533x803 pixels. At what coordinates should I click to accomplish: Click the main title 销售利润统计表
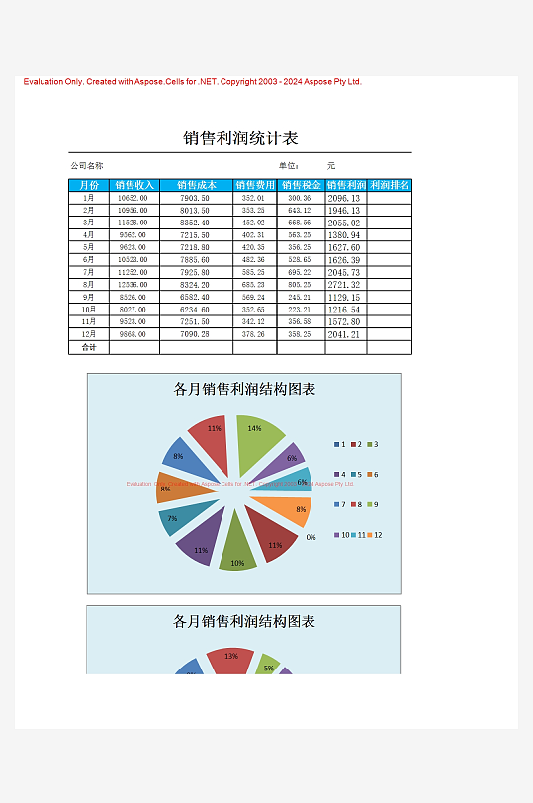[240, 138]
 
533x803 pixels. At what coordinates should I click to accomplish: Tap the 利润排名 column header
[389, 185]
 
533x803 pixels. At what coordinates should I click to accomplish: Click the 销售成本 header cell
[196, 185]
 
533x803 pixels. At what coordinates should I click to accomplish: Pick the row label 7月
[88, 272]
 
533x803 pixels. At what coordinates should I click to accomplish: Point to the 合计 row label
[88, 347]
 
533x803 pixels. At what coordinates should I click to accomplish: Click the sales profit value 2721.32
[344, 285]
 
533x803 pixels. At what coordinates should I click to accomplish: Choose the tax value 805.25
[300, 285]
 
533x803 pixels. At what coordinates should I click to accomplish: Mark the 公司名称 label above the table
[87, 166]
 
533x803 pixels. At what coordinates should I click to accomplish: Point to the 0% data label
[311, 537]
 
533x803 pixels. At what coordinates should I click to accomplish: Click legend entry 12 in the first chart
[372, 535]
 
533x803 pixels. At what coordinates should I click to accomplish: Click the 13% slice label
[231, 656]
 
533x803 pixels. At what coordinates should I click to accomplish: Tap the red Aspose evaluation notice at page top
[193, 82]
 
